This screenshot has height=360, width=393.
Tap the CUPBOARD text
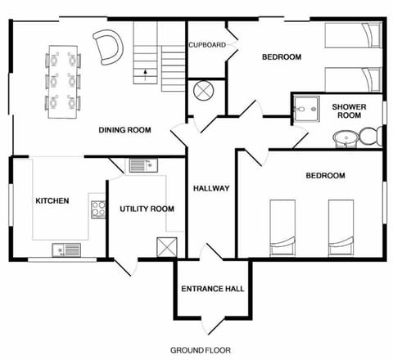[206, 45]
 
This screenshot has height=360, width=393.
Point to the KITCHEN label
[52, 200]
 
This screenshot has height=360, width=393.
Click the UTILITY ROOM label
[147, 209]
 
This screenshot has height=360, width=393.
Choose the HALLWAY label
[210, 188]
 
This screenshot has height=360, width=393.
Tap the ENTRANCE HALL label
[212, 289]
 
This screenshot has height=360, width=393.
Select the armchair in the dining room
[105, 46]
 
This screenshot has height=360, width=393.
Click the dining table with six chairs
[64, 82]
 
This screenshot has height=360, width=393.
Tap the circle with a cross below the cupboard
[202, 90]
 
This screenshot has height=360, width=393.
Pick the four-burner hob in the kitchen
[97, 209]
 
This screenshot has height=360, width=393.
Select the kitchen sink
[65, 250]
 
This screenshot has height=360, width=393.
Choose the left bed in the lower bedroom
[283, 227]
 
